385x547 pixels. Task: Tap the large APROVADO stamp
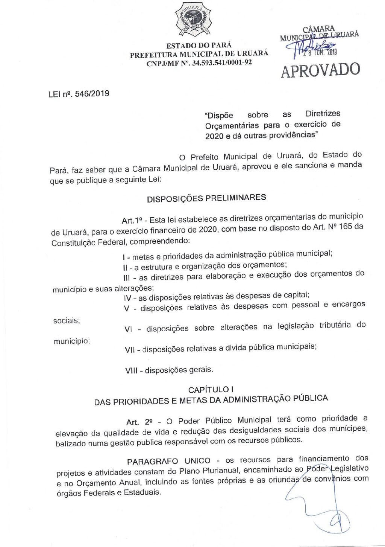tap(321, 70)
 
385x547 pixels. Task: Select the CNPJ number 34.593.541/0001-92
tap(221, 62)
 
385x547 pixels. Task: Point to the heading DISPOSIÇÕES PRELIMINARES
tap(206, 198)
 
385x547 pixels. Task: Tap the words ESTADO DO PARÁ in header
tap(199, 45)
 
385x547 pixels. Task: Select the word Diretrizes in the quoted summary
tap(323, 113)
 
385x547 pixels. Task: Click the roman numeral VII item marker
tap(130, 350)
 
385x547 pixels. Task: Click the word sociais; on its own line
tap(67, 321)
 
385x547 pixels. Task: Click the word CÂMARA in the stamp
tap(318, 29)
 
